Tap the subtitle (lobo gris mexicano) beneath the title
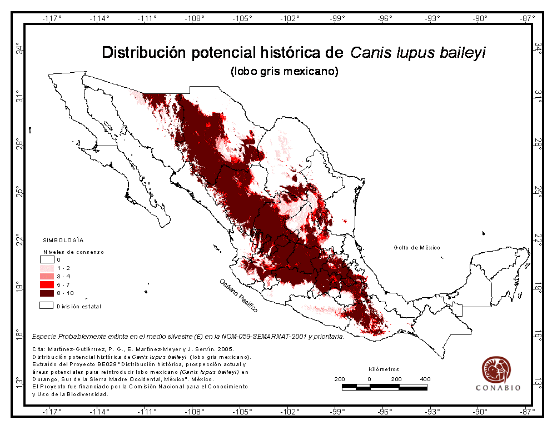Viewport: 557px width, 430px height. point(284,71)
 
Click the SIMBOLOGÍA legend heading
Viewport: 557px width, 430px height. point(63,241)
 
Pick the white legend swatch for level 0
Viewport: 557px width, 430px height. point(46,259)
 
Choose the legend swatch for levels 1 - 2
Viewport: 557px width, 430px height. point(46,268)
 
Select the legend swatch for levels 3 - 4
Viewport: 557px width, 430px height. point(46,276)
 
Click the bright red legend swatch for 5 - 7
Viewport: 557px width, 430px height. point(46,284)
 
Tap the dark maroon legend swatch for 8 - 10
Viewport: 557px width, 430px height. point(46,293)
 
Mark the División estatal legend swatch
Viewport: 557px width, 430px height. point(46,306)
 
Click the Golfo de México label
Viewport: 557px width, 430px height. point(417,248)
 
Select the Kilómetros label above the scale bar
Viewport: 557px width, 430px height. point(384,369)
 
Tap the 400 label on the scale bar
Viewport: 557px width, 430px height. point(425,379)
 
